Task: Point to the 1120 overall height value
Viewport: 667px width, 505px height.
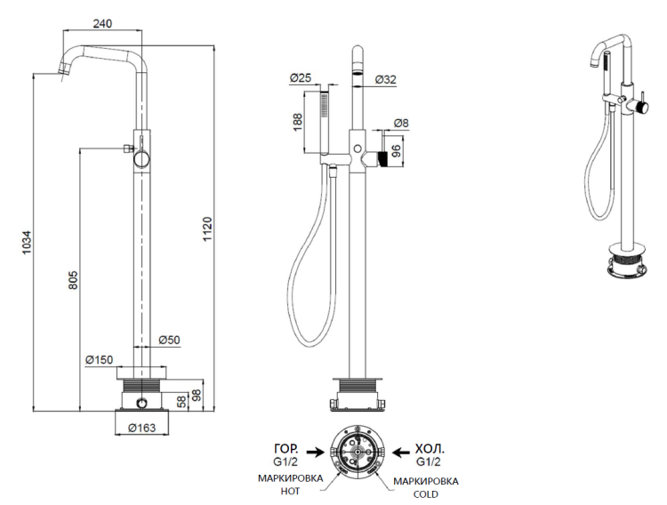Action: point(206,229)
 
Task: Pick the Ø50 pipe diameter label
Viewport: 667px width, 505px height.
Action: point(169,340)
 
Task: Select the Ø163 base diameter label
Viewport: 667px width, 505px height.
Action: point(141,428)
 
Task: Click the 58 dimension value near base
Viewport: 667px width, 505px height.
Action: point(182,400)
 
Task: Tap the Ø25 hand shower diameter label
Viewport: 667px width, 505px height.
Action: point(301,79)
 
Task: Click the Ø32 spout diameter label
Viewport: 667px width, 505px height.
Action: point(385,79)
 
